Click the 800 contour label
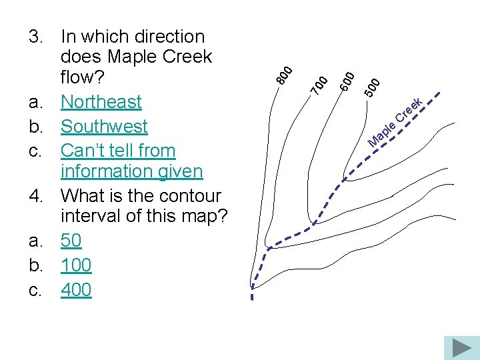(x=285, y=75)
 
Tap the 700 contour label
(x=319, y=85)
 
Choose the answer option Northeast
(x=101, y=102)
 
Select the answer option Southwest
(x=104, y=127)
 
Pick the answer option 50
(x=71, y=241)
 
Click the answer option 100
(x=76, y=265)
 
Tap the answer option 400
(x=76, y=290)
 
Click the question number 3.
(x=37, y=37)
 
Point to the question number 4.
(x=37, y=196)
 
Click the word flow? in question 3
(x=82, y=77)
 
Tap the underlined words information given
(x=131, y=171)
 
